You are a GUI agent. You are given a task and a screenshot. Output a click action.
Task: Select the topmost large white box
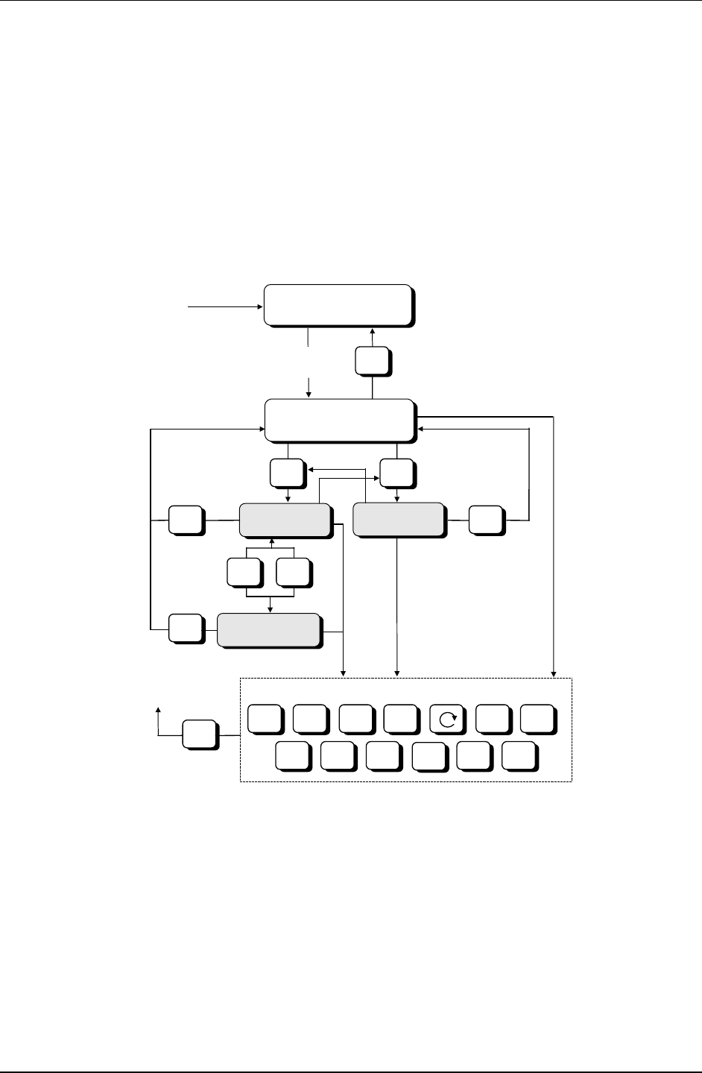pos(337,304)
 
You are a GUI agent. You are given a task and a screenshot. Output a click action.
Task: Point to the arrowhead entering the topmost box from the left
pos(260,305)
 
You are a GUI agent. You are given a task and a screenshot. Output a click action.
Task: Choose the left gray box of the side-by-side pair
pos(284,520)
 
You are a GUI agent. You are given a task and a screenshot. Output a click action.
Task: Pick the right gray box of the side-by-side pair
pos(398,520)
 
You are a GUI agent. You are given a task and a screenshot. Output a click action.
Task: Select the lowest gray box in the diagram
pos(269,630)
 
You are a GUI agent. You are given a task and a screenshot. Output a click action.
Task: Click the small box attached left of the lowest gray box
pos(186,629)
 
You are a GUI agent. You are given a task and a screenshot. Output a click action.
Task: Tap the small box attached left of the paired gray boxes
pos(186,520)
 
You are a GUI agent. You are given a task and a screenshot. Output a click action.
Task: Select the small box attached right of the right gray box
pos(486,520)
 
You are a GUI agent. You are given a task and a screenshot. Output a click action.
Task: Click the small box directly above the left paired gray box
pos(287,473)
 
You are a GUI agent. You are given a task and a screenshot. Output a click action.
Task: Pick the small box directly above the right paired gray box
pos(396,473)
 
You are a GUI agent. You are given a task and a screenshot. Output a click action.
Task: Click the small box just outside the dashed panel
pos(200,734)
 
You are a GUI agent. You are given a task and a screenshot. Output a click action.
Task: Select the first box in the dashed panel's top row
pos(265,719)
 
